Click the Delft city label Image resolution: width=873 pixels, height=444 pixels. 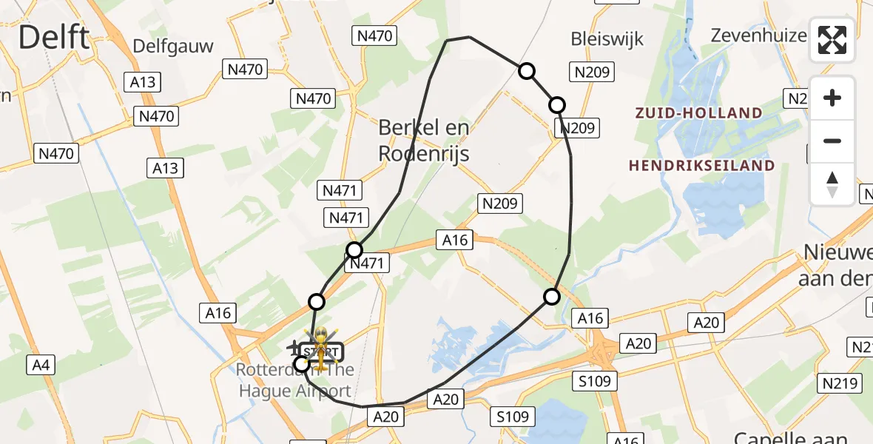(x=54, y=37)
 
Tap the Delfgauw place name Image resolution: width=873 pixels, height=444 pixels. (x=173, y=47)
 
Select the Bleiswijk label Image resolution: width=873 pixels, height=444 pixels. (x=607, y=38)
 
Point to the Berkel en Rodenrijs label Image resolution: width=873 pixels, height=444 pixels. (x=424, y=141)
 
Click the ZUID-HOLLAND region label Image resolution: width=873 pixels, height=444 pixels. (x=698, y=113)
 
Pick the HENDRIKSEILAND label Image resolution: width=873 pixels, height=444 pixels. (x=701, y=166)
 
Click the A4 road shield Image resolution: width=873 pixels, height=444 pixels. (x=40, y=364)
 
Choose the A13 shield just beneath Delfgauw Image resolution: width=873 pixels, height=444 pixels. (x=143, y=82)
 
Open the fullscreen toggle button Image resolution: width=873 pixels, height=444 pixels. (x=832, y=41)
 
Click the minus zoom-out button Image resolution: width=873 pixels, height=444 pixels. (x=832, y=141)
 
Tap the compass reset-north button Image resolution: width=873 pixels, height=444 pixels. (x=832, y=184)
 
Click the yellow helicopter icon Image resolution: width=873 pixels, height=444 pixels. (x=322, y=350)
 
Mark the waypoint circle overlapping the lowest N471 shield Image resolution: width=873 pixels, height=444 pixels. (x=355, y=250)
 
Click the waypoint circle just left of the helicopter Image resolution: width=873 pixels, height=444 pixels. (x=302, y=363)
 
